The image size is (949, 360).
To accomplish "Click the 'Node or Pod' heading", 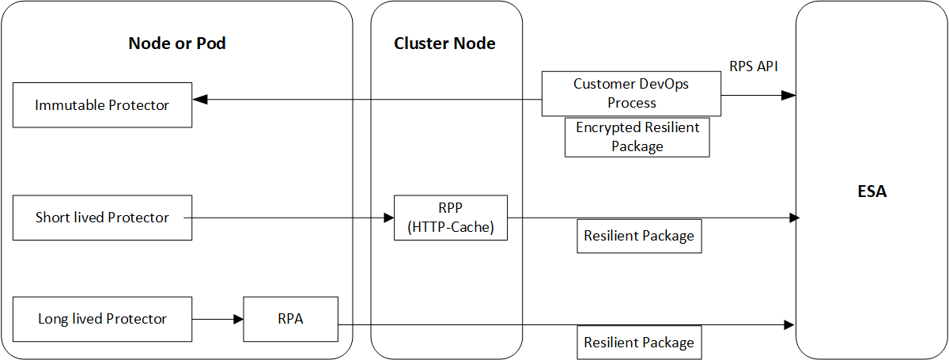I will (177, 44).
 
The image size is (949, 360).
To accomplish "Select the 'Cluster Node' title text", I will (444, 44).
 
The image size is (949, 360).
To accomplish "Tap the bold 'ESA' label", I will (871, 191).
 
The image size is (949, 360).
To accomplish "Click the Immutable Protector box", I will (102, 104).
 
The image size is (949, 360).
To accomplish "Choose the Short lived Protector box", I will (102, 218).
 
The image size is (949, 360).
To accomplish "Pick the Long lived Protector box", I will (102, 319).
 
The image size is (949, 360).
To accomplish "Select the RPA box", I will (290, 319).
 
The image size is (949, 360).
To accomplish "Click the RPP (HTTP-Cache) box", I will (451, 218).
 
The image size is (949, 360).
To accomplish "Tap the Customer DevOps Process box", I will (631, 94).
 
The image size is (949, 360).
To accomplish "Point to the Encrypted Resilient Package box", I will (637, 137).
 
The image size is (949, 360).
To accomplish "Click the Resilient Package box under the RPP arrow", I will (639, 236).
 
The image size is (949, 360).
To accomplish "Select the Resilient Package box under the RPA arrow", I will (639, 343).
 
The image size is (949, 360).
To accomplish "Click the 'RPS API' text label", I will (754, 66).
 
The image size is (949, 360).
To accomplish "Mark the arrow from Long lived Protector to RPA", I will (217, 320).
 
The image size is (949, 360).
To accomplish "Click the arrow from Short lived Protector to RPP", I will (293, 218).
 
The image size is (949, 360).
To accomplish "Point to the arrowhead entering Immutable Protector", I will (200, 100).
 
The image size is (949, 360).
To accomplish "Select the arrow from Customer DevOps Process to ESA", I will (758, 95).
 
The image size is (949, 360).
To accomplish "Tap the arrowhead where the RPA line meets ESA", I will (788, 324).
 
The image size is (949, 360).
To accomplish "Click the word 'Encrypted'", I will (606, 128).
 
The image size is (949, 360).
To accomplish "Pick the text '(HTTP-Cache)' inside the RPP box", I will (451, 226).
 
